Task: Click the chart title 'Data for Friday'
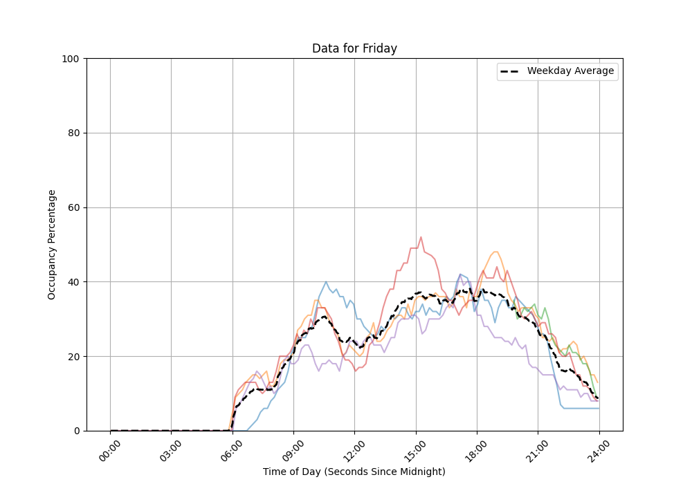click(x=354, y=48)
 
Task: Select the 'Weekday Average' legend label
click(x=570, y=71)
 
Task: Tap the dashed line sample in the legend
click(x=511, y=71)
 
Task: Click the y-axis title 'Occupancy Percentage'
click(x=52, y=244)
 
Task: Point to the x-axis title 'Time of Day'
click(x=354, y=472)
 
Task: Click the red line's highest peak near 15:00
click(x=421, y=237)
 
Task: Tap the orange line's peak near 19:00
click(x=495, y=252)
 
